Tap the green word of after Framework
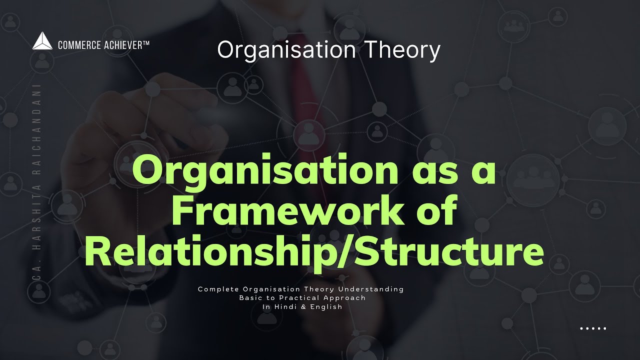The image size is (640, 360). point(436,211)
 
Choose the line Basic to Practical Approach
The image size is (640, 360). point(302,297)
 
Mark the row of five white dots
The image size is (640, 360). point(593,328)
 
